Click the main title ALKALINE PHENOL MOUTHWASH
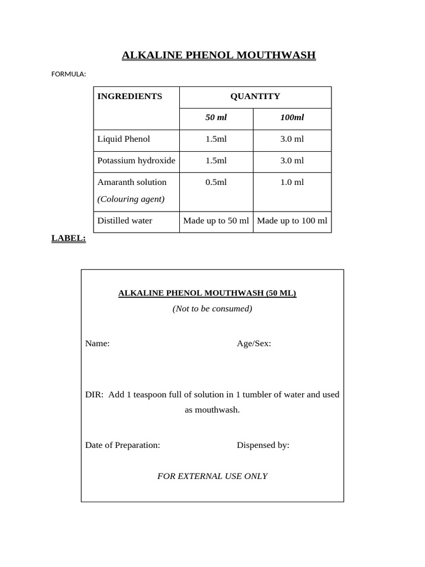pos(219,55)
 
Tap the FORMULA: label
pos(69,74)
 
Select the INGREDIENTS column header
pos(129,96)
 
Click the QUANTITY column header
pos(255,96)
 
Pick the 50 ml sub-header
pos(216,117)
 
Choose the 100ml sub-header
pos(292,117)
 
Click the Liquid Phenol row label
pos(123,139)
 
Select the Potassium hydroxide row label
pos(136,161)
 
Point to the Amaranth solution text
pos(132,182)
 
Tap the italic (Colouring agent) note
pos(131,199)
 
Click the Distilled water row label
pos(125,220)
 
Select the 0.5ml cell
pos(216,182)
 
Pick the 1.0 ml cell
pos(292,182)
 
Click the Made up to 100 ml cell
pos(292,220)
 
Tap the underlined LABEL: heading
pos(69,238)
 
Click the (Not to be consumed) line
pos(212,308)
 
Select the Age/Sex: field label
pos(254,343)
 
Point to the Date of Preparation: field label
pos(122,445)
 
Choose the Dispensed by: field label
pos(263,445)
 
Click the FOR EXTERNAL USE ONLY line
pos(212,476)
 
